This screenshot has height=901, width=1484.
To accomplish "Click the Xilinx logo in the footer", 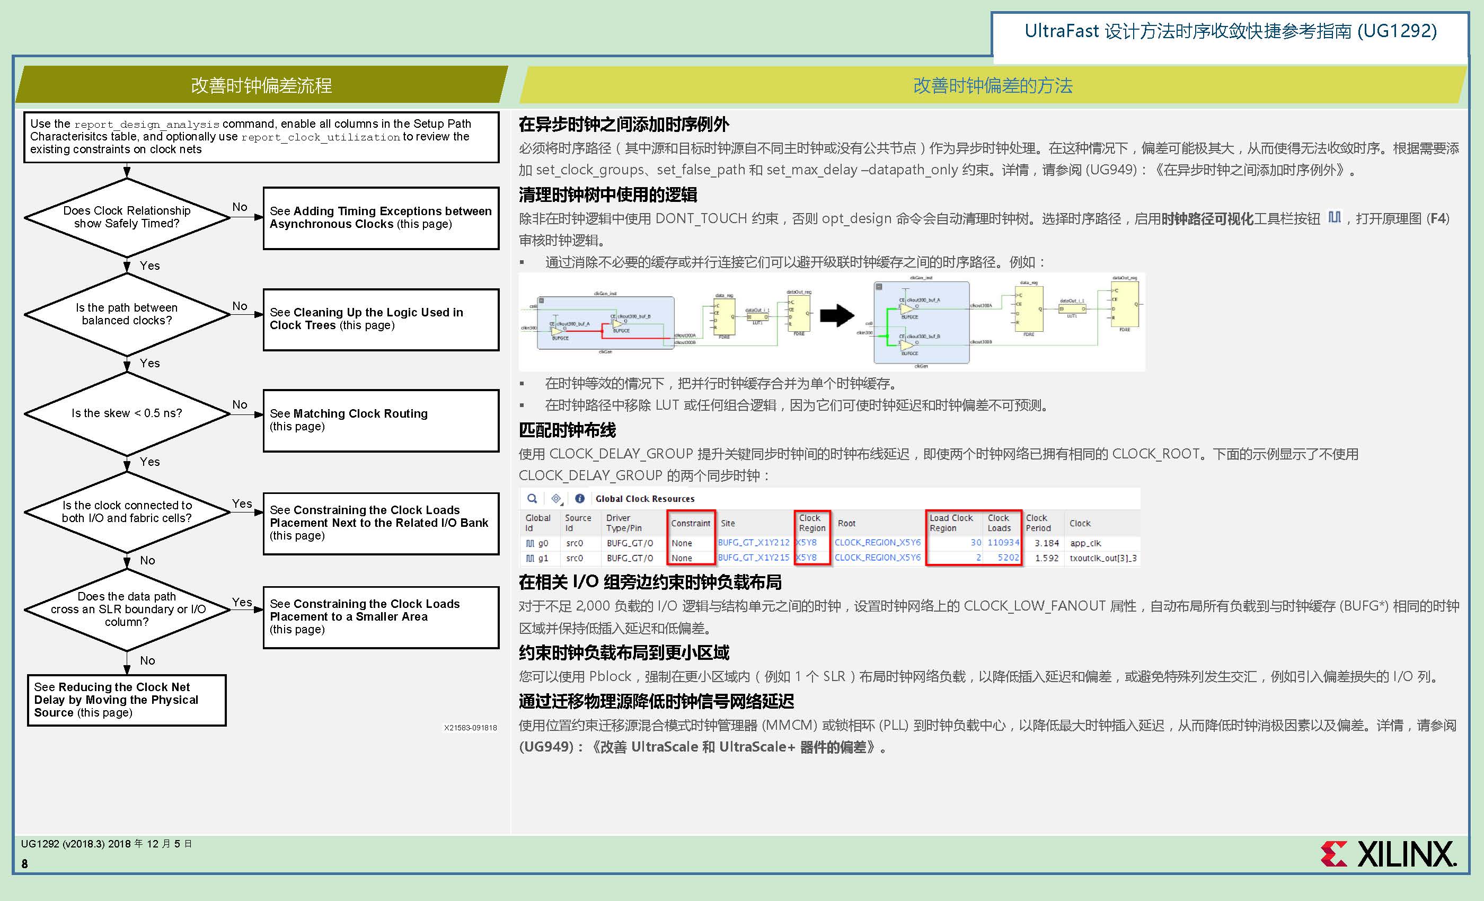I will pyautogui.click(x=1388, y=854).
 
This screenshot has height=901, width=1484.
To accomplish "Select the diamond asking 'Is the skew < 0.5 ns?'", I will pyautogui.click(x=127, y=413).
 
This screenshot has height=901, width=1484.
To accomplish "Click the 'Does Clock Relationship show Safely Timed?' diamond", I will pyautogui.click(x=127, y=217).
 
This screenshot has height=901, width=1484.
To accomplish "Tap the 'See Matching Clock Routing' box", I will pyautogui.click(x=381, y=420).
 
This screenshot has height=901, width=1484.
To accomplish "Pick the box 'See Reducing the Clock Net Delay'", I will pyautogui.click(x=127, y=700).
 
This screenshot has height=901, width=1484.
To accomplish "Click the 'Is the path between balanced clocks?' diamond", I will pyautogui.click(x=127, y=314).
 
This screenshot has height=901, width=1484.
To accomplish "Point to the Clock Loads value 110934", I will pyautogui.click(x=1003, y=543).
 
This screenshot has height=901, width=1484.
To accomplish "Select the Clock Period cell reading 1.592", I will pyautogui.click(x=1046, y=558).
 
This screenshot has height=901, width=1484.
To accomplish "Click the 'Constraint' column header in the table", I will pyautogui.click(x=690, y=523).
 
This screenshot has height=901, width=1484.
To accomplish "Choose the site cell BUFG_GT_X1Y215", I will pyautogui.click(x=753, y=558).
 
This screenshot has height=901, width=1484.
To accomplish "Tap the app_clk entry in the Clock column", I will pyautogui.click(x=1085, y=543).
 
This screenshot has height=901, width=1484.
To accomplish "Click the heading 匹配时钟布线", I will pyautogui.click(x=567, y=430).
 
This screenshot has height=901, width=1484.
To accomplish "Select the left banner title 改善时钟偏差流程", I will pyautogui.click(x=261, y=85).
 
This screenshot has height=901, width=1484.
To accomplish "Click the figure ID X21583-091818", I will pyautogui.click(x=471, y=728).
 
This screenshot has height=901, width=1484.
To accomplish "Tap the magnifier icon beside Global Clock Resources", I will pyautogui.click(x=532, y=499).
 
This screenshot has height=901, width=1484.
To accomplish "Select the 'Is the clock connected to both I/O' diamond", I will pyautogui.click(x=127, y=511).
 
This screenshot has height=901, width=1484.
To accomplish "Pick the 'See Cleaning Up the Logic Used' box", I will pyautogui.click(x=381, y=319).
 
